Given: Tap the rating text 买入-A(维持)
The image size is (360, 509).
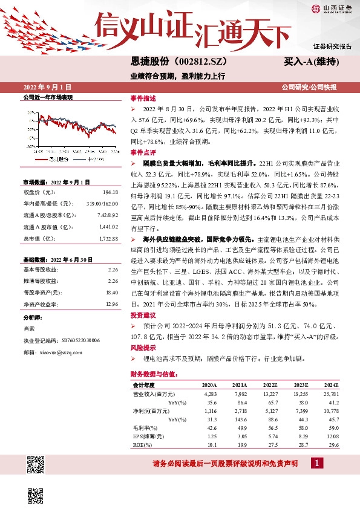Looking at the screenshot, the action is click(x=310, y=62).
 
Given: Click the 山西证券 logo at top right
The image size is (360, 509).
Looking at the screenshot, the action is click(x=332, y=8).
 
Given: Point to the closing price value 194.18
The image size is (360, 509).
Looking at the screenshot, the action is click(x=111, y=192).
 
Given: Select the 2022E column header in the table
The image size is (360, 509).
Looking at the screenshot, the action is click(x=270, y=385).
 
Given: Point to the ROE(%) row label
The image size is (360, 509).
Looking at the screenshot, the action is click(x=144, y=444).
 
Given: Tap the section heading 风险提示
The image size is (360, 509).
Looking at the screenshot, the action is click(x=142, y=348).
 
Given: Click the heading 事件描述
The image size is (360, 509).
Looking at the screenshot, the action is click(x=142, y=98).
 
